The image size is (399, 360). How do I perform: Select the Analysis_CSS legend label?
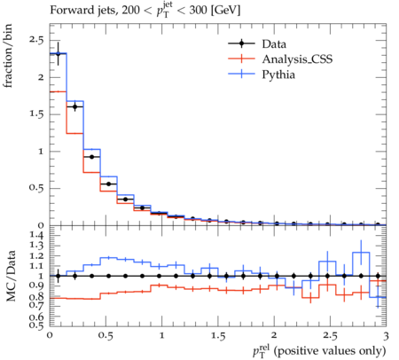click(297, 59)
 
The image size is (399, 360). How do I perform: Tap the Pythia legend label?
click(278, 74)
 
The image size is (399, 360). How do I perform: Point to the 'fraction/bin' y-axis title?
click(8, 56)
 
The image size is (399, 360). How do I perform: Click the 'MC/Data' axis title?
click(11, 276)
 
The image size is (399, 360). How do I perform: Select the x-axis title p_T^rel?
click(319, 351)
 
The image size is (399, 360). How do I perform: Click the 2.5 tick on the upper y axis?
click(36, 40)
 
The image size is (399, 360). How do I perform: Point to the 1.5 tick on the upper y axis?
click(36, 114)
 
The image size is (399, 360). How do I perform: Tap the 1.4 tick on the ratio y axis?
click(36, 236)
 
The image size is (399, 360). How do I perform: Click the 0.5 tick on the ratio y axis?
click(36, 325)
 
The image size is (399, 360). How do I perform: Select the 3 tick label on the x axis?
click(386, 336)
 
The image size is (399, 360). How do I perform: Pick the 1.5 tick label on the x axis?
click(218, 336)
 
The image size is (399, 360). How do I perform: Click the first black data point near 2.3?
click(59, 54)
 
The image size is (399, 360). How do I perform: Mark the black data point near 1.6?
click(75, 106)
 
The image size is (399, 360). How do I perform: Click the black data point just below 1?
click(92, 157)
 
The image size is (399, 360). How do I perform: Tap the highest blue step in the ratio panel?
click(361, 253)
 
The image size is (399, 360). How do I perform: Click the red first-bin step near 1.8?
click(59, 91)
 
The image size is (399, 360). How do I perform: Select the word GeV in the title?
click(226, 11)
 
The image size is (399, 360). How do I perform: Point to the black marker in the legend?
click(241, 43)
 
